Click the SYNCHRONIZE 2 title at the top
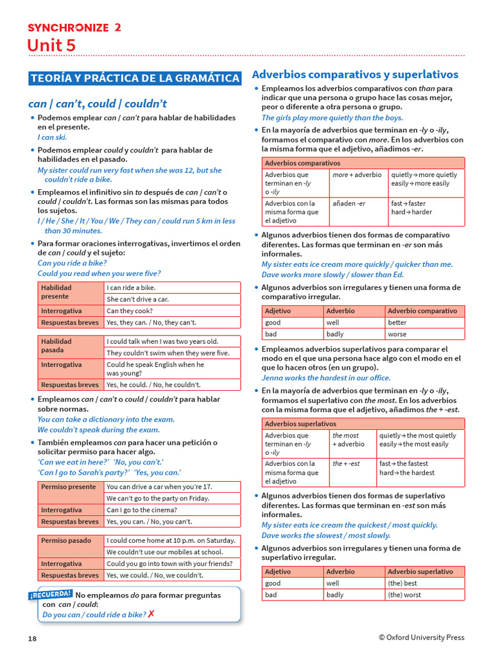click(x=74, y=27)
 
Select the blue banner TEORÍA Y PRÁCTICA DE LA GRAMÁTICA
click(x=135, y=78)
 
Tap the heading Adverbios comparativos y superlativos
click(x=355, y=74)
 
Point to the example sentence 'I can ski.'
click(x=52, y=137)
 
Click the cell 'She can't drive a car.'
click(x=138, y=299)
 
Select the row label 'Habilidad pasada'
click(x=56, y=346)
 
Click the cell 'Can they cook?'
click(x=130, y=311)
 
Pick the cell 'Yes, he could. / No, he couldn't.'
click(x=153, y=385)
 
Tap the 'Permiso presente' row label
click(x=68, y=486)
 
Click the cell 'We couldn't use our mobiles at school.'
click(x=165, y=552)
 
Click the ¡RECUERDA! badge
click(x=51, y=595)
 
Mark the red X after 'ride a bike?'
click(x=151, y=614)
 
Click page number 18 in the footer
click(x=32, y=638)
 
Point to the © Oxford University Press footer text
click(x=421, y=637)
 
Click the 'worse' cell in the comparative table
click(x=397, y=334)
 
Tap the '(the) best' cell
click(x=402, y=583)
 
